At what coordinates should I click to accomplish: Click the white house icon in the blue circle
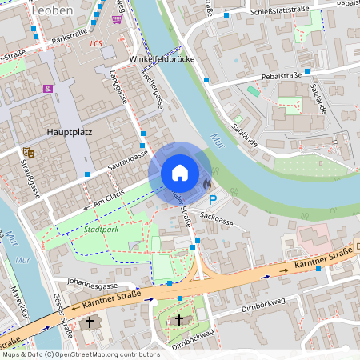[x=179, y=172]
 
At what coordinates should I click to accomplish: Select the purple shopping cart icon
[x=118, y=18]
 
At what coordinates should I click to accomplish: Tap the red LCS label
[x=97, y=43]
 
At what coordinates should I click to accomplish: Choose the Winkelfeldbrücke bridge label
[x=162, y=59]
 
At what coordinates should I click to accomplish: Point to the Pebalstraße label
[x=281, y=77]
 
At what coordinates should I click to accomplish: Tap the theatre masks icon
[x=31, y=152]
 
